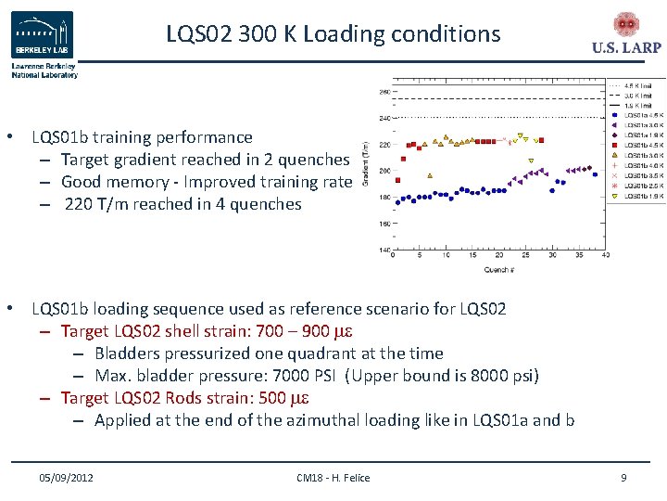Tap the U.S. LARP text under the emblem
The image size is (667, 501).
(x=625, y=48)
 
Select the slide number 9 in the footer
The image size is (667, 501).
(x=623, y=477)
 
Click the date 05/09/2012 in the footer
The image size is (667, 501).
(x=66, y=477)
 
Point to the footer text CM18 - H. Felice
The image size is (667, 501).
(x=333, y=477)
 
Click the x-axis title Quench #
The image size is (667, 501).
(x=498, y=270)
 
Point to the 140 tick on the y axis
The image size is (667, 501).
(x=384, y=250)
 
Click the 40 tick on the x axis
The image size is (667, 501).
(x=606, y=257)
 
